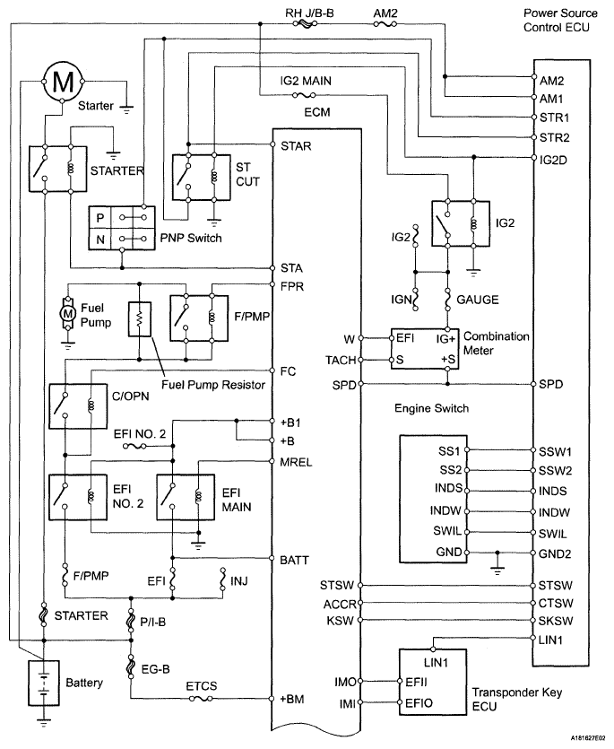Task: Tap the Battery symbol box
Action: click(x=42, y=683)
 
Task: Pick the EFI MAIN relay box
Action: click(x=185, y=496)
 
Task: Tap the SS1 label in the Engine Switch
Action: click(x=447, y=449)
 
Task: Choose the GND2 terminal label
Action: click(x=553, y=553)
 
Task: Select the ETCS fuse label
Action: click(x=202, y=688)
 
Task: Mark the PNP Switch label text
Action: click(x=191, y=238)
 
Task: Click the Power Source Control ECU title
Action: click(x=560, y=21)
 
